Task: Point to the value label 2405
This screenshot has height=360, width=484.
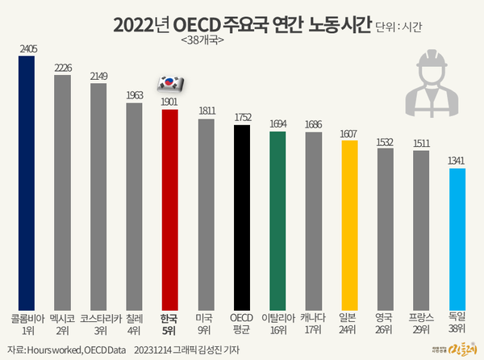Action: [x=26, y=48]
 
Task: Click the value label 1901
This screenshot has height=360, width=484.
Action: [x=169, y=101]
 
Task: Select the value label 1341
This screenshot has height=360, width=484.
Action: [x=457, y=160]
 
